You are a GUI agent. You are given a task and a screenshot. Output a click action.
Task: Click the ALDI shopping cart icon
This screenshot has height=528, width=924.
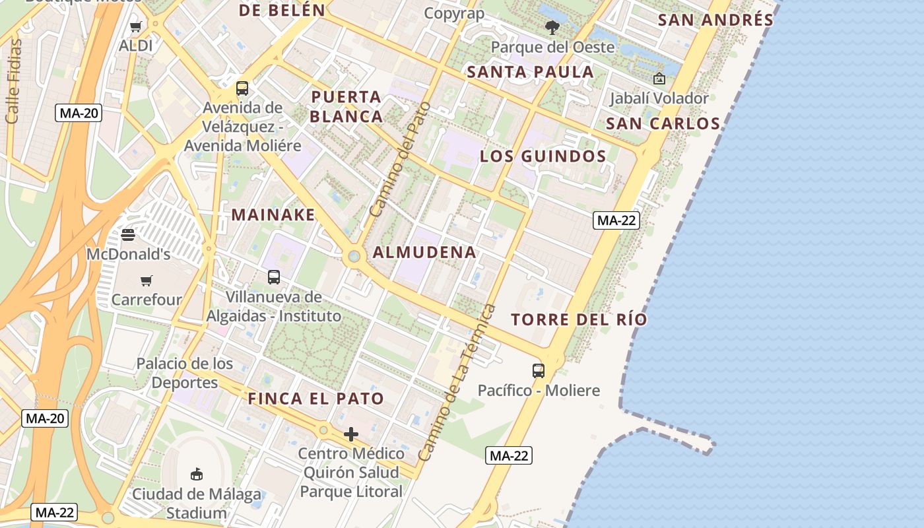[136, 27]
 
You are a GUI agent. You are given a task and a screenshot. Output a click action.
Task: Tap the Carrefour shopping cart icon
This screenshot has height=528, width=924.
[147, 280]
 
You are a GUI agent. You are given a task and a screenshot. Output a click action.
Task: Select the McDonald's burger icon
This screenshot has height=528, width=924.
[128, 235]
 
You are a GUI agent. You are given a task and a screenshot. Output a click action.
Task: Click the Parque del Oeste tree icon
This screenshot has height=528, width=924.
[552, 28]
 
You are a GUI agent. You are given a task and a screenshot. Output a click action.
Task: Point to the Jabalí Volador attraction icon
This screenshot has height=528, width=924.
[659, 79]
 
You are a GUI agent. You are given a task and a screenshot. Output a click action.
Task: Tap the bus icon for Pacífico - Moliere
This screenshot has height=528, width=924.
[539, 371]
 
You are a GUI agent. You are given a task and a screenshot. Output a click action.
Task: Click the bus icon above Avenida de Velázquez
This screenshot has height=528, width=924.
[242, 88]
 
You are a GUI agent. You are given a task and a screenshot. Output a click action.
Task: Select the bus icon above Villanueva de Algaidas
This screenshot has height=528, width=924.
[274, 277]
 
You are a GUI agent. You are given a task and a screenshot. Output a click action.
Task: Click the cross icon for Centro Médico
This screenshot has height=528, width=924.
[351, 434]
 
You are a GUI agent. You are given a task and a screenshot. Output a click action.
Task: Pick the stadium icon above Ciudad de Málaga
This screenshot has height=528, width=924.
[196, 474]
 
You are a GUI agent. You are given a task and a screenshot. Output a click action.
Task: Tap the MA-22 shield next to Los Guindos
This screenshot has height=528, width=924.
[616, 220]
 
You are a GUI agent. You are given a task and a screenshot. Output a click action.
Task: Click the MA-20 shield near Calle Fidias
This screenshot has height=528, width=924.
[79, 113]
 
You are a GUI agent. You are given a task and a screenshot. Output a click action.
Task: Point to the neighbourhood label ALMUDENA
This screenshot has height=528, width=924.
[424, 252]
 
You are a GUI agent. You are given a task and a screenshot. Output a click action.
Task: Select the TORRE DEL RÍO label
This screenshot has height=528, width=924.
[579, 319]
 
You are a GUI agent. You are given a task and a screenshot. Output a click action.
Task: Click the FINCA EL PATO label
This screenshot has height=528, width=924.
[315, 399]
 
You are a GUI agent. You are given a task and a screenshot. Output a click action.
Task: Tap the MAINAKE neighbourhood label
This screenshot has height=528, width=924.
[273, 214]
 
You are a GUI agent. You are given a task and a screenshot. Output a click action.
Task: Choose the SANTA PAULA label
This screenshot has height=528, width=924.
[531, 72]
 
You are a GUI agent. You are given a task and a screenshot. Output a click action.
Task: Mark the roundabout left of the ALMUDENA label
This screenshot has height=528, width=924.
[354, 256]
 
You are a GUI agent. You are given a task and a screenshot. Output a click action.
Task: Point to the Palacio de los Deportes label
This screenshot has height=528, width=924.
[185, 373]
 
